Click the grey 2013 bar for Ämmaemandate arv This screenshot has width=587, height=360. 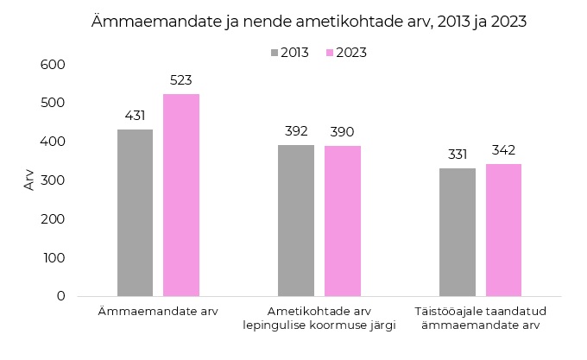[x=135, y=212]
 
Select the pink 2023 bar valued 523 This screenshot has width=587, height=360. [x=181, y=195]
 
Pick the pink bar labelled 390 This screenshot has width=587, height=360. [x=343, y=221]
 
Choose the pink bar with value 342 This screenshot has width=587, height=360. [x=503, y=230]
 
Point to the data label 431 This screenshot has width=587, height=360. [x=135, y=116]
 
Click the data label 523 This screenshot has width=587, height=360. [x=181, y=80]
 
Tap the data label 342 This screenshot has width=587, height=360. [x=503, y=150]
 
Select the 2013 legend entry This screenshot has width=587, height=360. [x=289, y=53]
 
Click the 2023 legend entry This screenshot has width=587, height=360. [x=344, y=53]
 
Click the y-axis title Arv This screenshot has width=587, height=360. [x=28, y=180]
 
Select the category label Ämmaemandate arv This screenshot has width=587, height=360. [x=158, y=311]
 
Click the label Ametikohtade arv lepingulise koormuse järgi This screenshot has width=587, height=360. [x=319, y=318]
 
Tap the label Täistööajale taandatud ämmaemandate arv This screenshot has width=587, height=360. [x=480, y=318]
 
